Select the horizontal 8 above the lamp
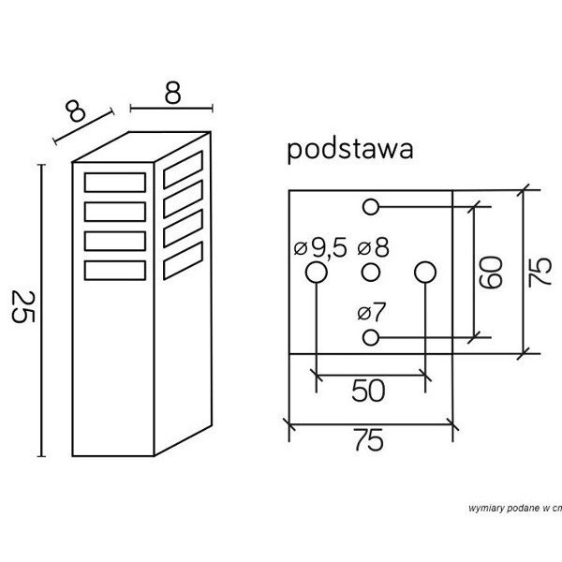171,94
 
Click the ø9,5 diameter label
319,248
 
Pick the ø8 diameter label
375,248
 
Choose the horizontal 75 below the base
370,439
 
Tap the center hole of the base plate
371,273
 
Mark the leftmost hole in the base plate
316,273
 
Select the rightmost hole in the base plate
426,273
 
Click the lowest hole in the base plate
371,336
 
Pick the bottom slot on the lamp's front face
115,270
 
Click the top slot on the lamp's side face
182,170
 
